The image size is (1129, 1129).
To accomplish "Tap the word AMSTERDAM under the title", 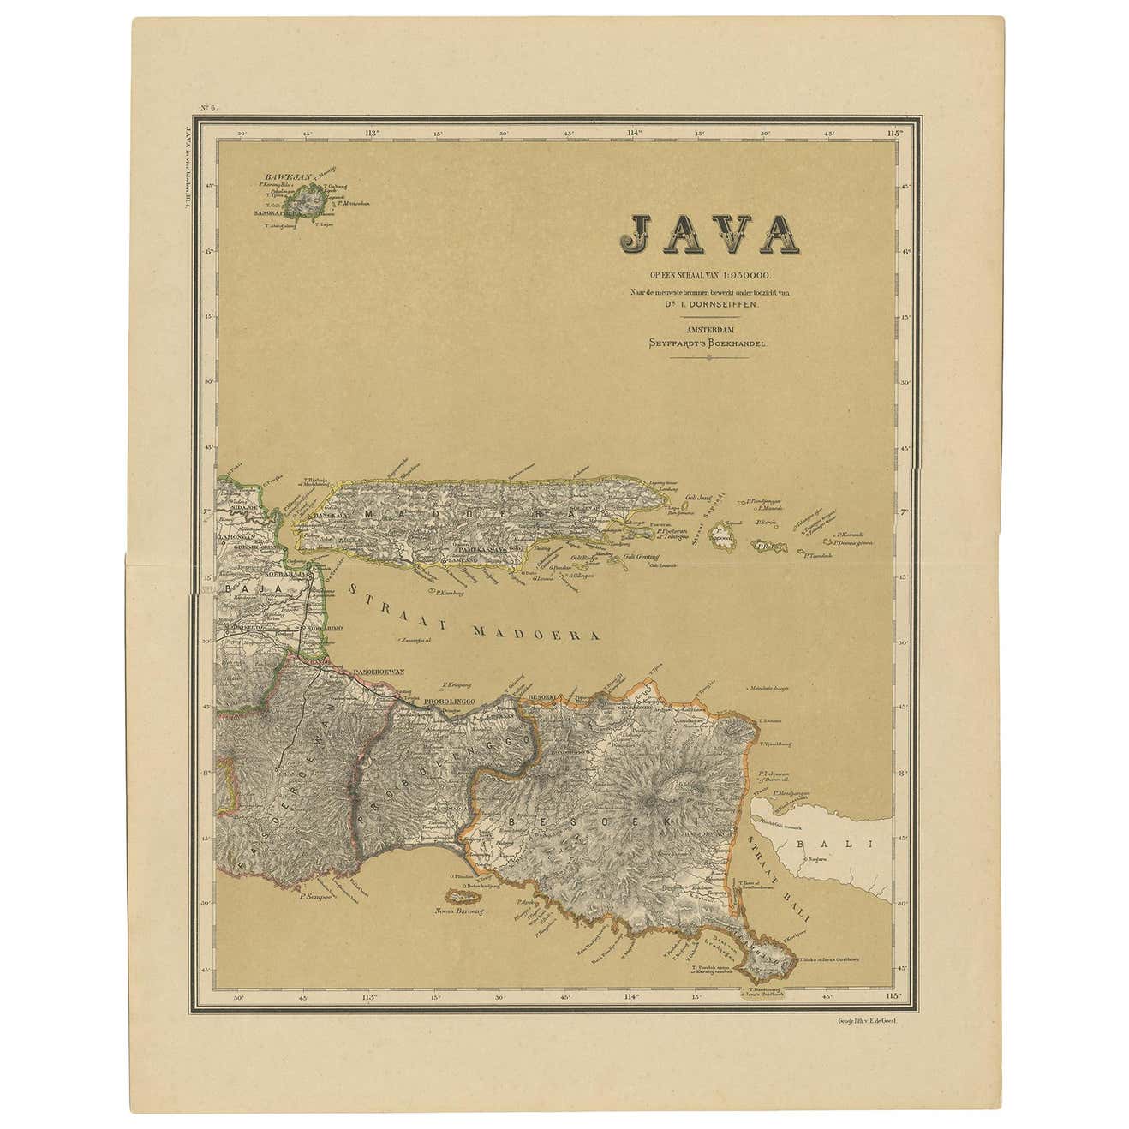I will tap(707, 329).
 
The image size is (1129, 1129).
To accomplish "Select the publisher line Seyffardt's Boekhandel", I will tap(707, 343).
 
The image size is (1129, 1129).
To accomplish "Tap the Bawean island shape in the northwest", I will tap(303, 203).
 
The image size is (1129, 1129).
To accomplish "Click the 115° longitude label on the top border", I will tap(895, 133).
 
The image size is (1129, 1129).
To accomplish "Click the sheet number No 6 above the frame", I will tap(209, 107).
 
